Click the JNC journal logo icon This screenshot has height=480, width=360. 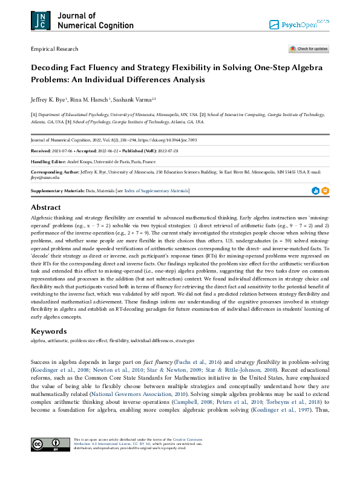40,21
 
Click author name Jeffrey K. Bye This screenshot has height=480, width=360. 48,99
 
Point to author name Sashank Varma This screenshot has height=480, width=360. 134,99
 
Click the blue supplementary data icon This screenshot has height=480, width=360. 315,191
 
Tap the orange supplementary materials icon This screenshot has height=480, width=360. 326,191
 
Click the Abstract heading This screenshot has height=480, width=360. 46,207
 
